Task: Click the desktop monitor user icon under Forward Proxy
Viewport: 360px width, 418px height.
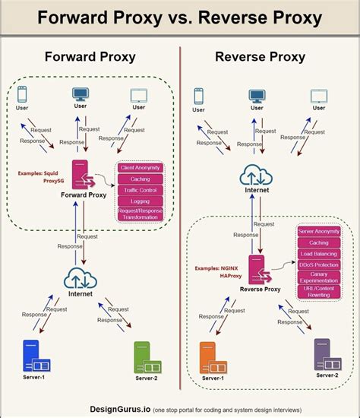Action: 79,96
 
